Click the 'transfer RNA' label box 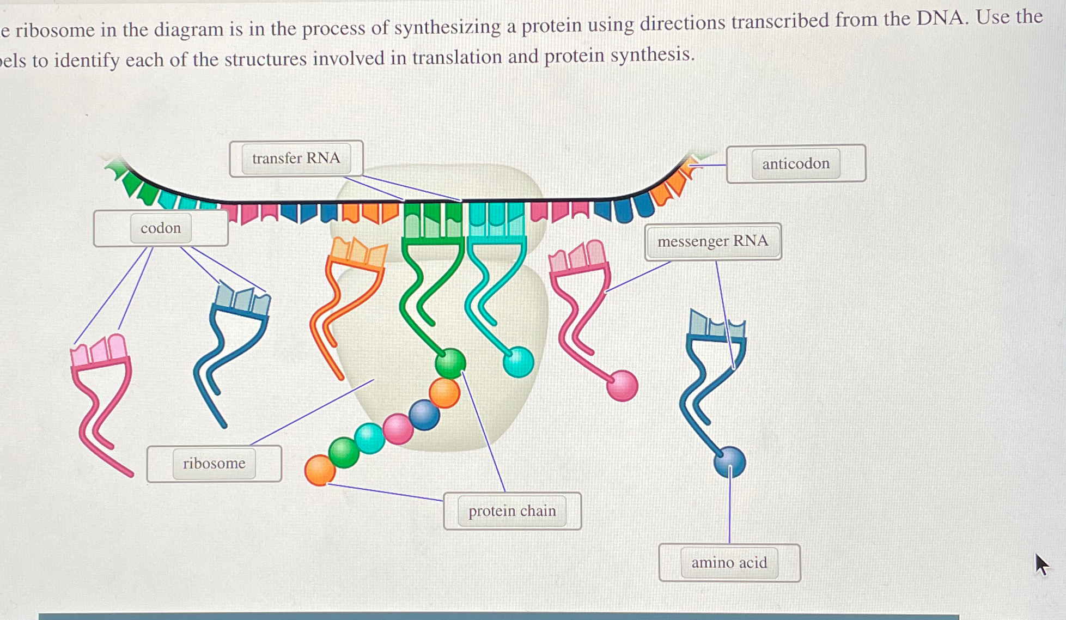click(296, 159)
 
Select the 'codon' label click(161, 228)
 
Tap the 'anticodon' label click(795, 163)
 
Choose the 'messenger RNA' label click(712, 241)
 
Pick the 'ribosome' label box click(214, 464)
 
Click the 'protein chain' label click(512, 511)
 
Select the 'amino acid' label click(729, 563)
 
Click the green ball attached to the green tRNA click(450, 362)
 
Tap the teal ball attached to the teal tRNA click(518, 362)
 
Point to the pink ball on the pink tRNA click(622, 386)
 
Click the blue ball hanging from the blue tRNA click(729, 461)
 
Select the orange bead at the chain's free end click(320, 471)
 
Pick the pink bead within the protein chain click(398, 428)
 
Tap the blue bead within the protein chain click(424, 415)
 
